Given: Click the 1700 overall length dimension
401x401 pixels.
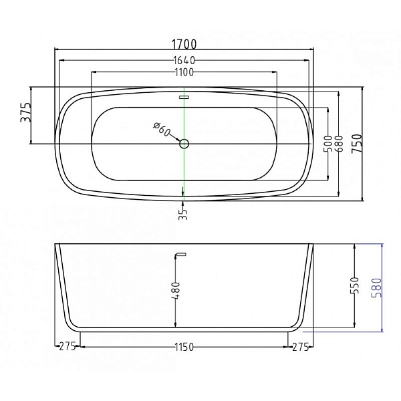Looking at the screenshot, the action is click(184, 43).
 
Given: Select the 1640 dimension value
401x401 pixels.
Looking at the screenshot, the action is click(184, 61).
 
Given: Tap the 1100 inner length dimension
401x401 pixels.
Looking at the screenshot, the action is click(184, 72).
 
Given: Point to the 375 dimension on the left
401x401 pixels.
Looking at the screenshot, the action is click(26, 112).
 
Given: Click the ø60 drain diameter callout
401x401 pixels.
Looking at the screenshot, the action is click(162, 129).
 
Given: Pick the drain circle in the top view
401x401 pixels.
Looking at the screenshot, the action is click(184, 144).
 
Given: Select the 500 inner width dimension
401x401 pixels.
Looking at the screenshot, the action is click(327, 144).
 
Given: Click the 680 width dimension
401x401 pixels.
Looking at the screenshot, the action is click(339, 144).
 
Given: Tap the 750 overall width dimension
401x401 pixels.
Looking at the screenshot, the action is click(357, 144).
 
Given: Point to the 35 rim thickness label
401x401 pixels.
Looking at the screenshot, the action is click(183, 214).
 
